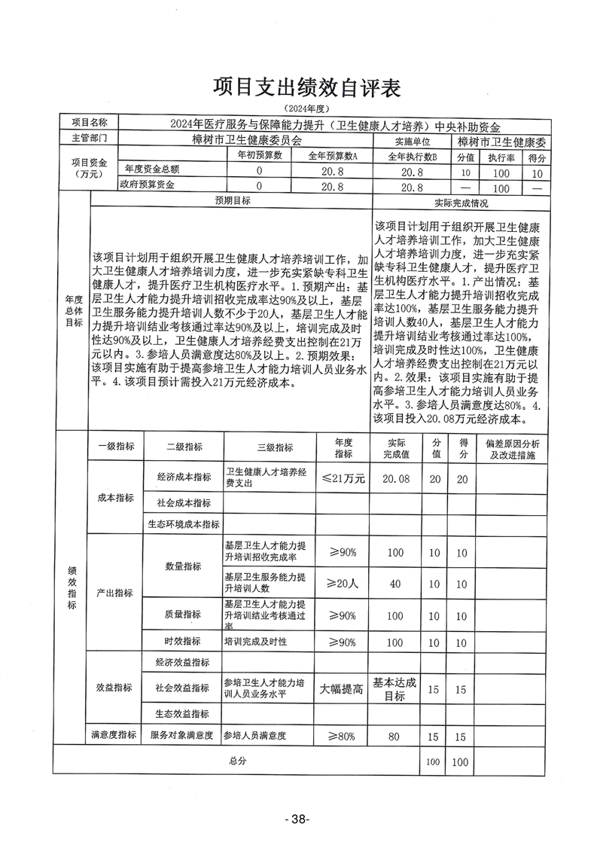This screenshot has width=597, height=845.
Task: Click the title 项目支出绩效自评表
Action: coord(305,88)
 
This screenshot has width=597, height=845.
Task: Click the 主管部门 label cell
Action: coord(89,139)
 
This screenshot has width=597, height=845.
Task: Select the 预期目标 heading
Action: coord(232,201)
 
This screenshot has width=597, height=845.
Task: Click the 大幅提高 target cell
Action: coord(343,688)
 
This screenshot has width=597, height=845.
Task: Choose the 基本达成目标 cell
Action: coord(396,688)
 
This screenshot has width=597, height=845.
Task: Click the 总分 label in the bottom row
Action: coord(237,761)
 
